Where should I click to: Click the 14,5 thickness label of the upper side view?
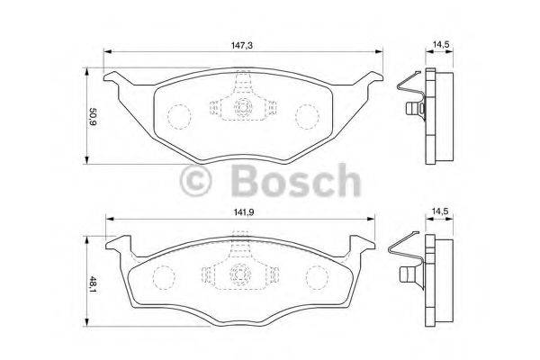[x=439, y=41]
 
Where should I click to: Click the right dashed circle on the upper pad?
[x=308, y=115]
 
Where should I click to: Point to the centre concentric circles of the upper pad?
[x=242, y=108]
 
